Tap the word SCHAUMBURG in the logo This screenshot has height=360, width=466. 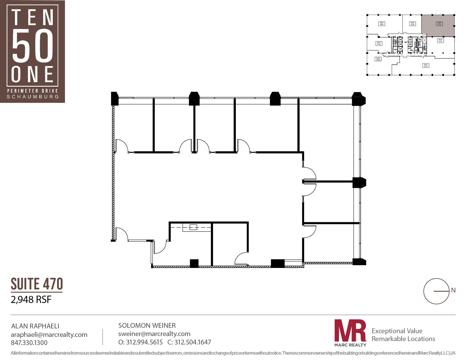[x=33, y=97]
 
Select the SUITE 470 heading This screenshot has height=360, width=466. [x=37, y=284]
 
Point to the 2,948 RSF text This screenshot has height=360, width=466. [x=31, y=300]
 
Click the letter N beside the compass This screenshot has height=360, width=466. [x=453, y=290]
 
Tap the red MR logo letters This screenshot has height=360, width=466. [x=350, y=331]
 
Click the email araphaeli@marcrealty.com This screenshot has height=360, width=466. [x=49, y=335]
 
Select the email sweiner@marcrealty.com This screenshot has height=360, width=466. [x=154, y=334]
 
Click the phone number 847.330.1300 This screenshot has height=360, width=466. [x=29, y=343]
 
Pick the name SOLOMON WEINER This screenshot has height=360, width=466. [x=147, y=326]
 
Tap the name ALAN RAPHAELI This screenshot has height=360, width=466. [x=35, y=326]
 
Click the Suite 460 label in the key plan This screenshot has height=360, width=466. [x=382, y=24]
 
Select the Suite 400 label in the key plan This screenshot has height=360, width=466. [x=426, y=66]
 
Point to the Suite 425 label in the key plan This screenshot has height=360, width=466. [x=378, y=59]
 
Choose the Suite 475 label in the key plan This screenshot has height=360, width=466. [x=440, y=41]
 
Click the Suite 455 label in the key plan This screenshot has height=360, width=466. [x=412, y=24]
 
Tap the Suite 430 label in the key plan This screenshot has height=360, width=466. [x=379, y=43]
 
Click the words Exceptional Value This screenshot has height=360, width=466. [x=397, y=331]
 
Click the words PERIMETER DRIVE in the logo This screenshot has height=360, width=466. [x=32, y=91]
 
